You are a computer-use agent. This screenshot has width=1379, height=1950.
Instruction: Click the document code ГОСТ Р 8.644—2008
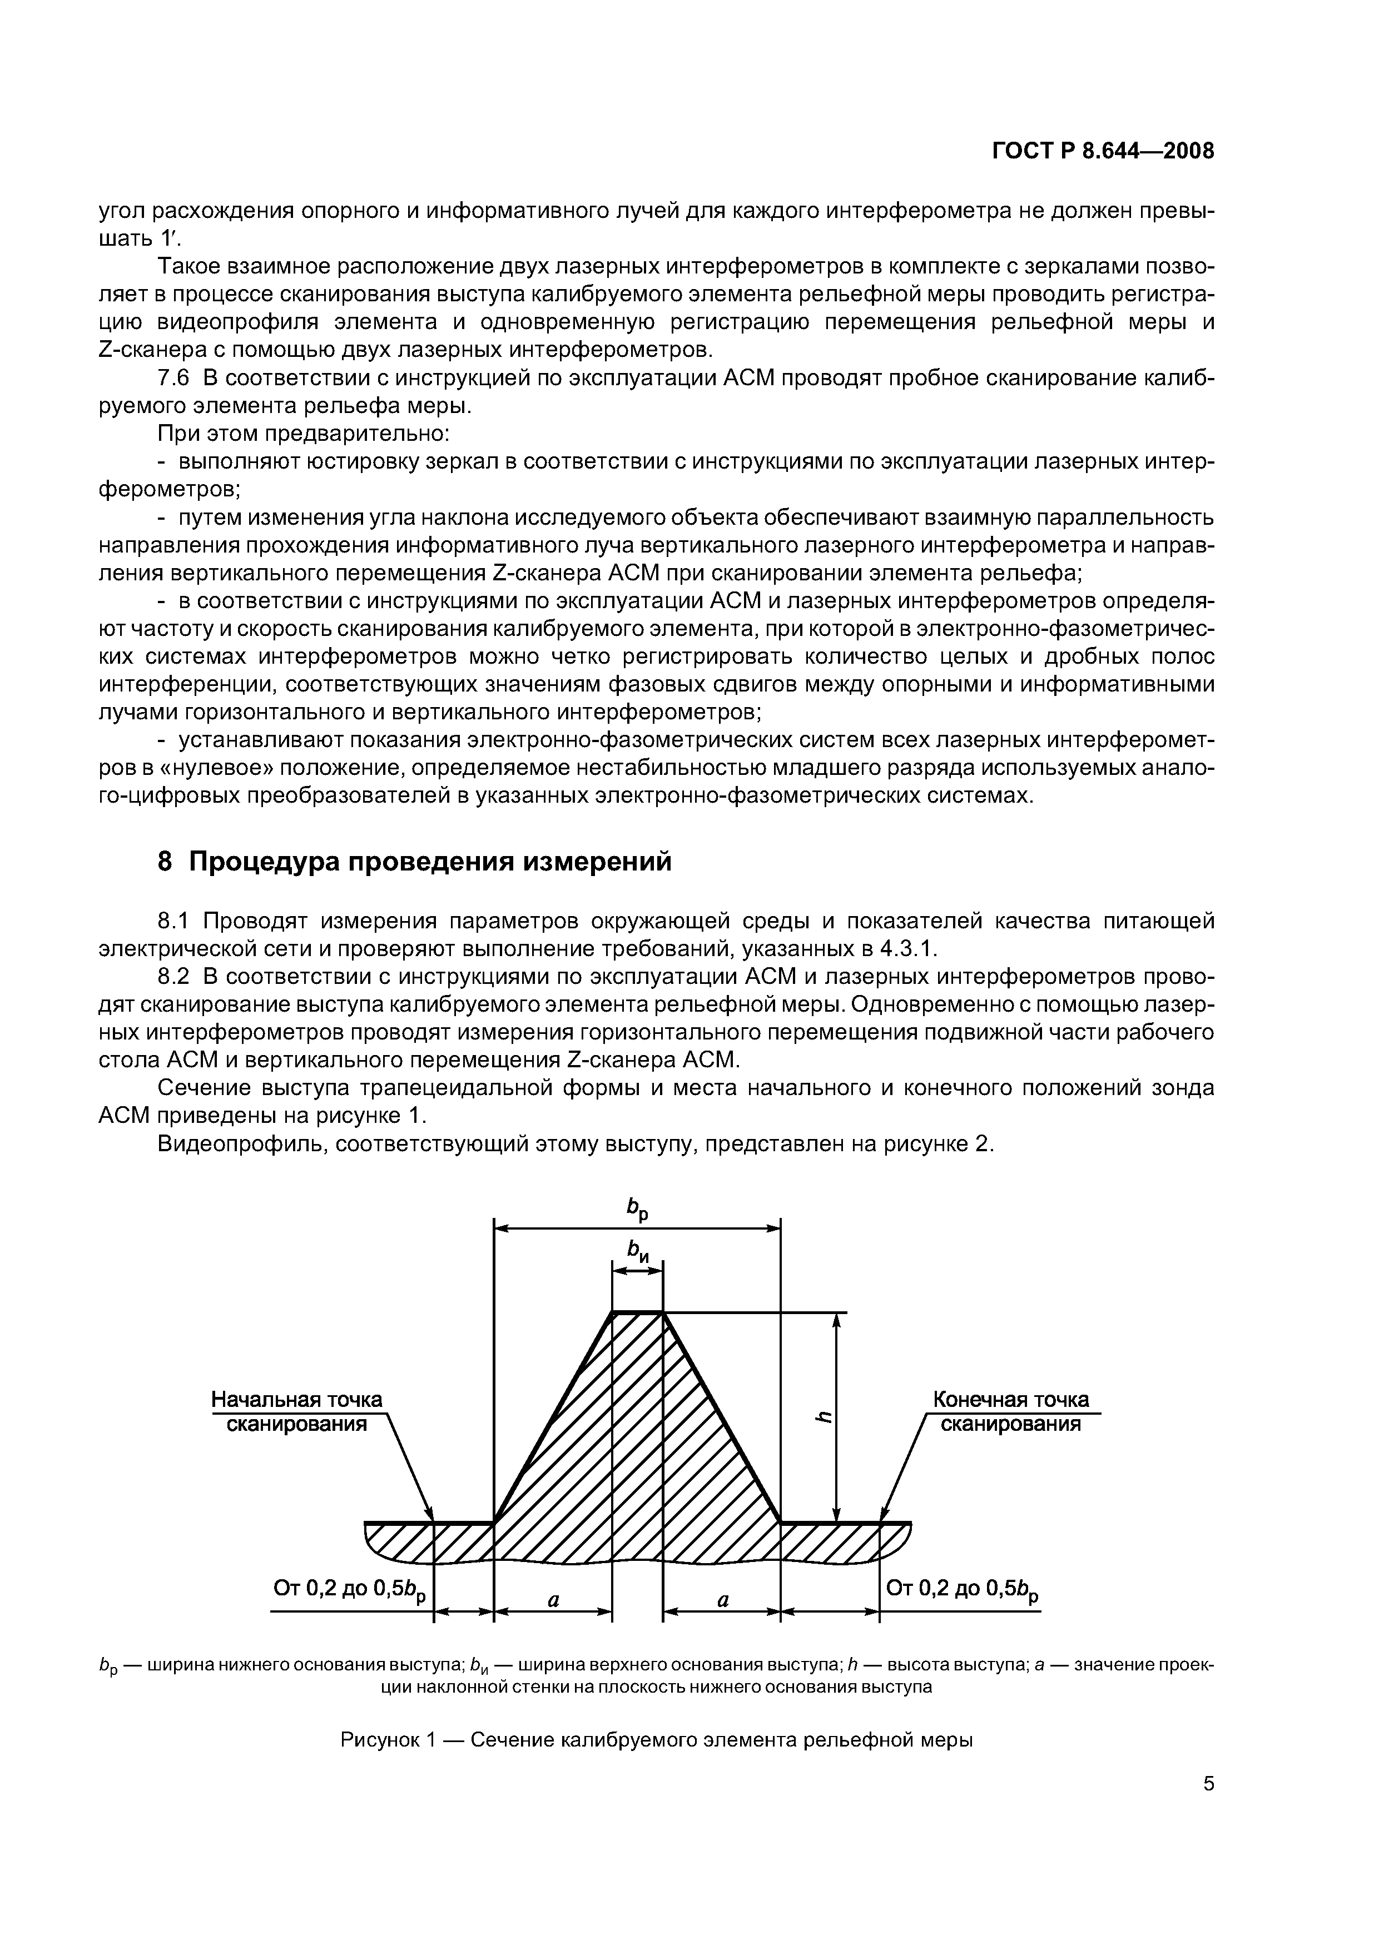point(1102,151)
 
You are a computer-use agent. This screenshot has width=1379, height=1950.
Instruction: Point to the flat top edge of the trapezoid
point(637,1313)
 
